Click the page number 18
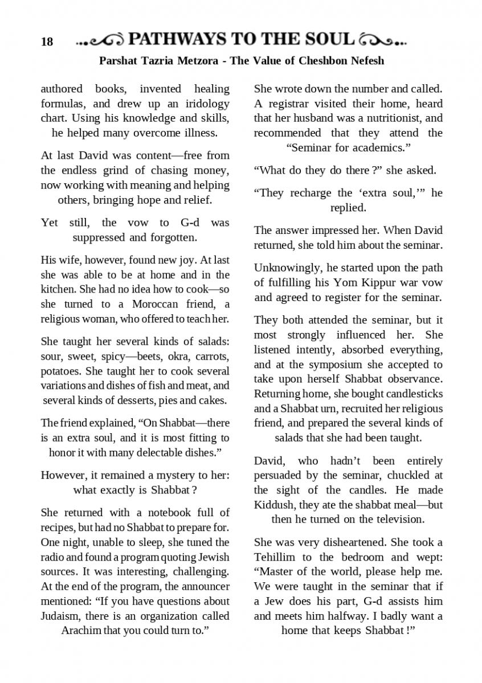[x=47, y=42]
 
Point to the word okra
[x=162, y=357]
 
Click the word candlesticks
[x=412, y=394]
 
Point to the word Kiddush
[x=273, y=504]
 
